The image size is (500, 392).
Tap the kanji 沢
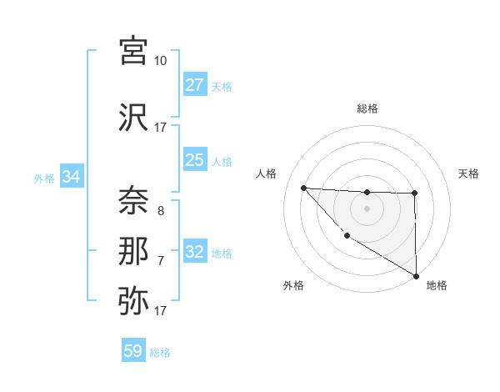[x=133, y=117]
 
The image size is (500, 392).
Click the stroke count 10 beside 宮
[x=161, y=61]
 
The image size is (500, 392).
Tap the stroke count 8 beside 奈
[x=161, y=211]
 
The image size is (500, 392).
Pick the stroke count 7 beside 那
[x=161, y=261]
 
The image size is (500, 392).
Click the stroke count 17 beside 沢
[x=161, y=128]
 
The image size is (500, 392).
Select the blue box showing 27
[x=195, y=85]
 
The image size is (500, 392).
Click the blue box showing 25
[x=195, y=160]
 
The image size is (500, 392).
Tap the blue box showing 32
[x=195, y=252]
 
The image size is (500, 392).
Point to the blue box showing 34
[x=72, y=177]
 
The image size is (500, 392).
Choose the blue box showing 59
[x=133, y=351]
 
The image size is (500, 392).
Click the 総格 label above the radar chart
[x=367, y=108]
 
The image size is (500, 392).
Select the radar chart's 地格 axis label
[x=437, y=285]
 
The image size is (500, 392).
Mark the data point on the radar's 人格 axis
[x=303, y=188]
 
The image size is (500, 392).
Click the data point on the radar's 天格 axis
[x=414, y=193]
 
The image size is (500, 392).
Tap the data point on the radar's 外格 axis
[x=347, y=235]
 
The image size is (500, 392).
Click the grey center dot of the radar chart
[x=367, y=209]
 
